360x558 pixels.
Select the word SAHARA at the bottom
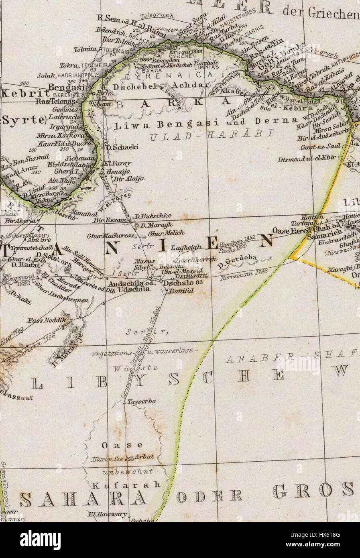coord(83,499)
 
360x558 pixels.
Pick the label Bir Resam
coord(105,220)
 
